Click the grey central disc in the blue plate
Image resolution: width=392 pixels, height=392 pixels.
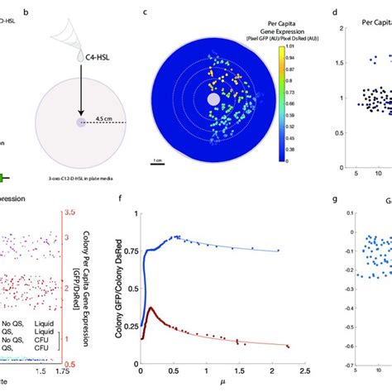tap(213, 98)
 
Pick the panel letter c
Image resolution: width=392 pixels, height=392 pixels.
tap(146, 12)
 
